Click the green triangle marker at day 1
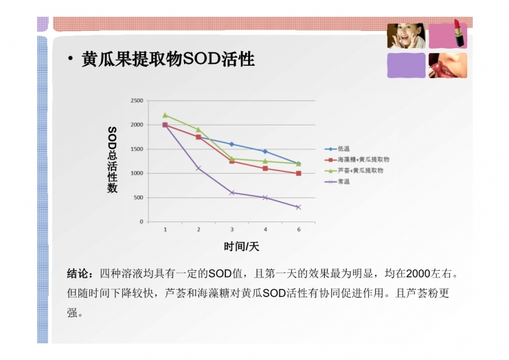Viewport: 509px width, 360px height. point(165,116)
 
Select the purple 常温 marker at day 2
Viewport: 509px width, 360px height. point(198,168)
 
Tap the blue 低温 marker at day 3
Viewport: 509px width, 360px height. point(232,144)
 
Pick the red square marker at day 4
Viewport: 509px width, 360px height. point(265,168)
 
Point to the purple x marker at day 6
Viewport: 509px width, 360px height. point(299,207)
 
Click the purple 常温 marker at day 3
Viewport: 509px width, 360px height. point(232,193)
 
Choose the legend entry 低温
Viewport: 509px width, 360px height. point(337,149)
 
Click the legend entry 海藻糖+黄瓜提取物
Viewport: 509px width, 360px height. point(357,160)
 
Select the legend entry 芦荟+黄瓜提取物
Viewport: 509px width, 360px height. point(354,171)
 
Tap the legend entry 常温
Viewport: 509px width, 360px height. point(337,181)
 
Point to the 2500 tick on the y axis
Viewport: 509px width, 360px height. point(137,101)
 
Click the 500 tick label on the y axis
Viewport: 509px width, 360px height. point(138,197)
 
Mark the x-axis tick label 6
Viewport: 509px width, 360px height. point(299,230)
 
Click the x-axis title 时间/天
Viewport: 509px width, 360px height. point(241,247)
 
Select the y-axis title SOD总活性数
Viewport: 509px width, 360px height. point(112,160)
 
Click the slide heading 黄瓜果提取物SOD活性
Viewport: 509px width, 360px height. point(168,59)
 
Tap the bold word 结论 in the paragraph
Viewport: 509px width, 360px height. point(77,274)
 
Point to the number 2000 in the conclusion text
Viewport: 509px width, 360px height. point(418,274)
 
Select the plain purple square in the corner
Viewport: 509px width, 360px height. point(406,65)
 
